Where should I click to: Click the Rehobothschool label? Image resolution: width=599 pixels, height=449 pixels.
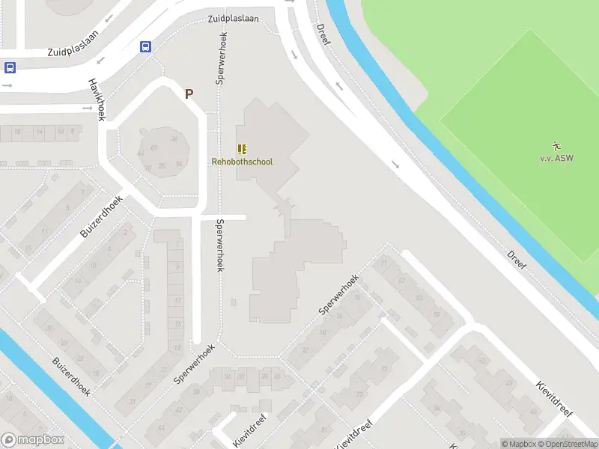click(x=242, y=162)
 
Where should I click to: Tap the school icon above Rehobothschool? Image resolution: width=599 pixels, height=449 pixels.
click(x=242, y=150)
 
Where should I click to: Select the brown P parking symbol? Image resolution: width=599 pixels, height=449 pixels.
click(x=189, y=94)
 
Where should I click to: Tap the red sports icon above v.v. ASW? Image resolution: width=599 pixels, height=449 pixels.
click(x=556, y=145)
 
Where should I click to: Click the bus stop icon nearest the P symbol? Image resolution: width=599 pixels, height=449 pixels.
click(x=145, y=46)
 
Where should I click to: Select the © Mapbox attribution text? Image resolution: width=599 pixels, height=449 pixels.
click(x=517, y=444)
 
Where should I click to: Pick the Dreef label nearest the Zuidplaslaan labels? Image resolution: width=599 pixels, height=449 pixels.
click(x=323, y=34)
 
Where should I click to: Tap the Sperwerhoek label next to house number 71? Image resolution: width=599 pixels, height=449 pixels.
click(x=339, y=293)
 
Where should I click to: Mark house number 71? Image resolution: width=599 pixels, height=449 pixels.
click(x=384, y=263)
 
